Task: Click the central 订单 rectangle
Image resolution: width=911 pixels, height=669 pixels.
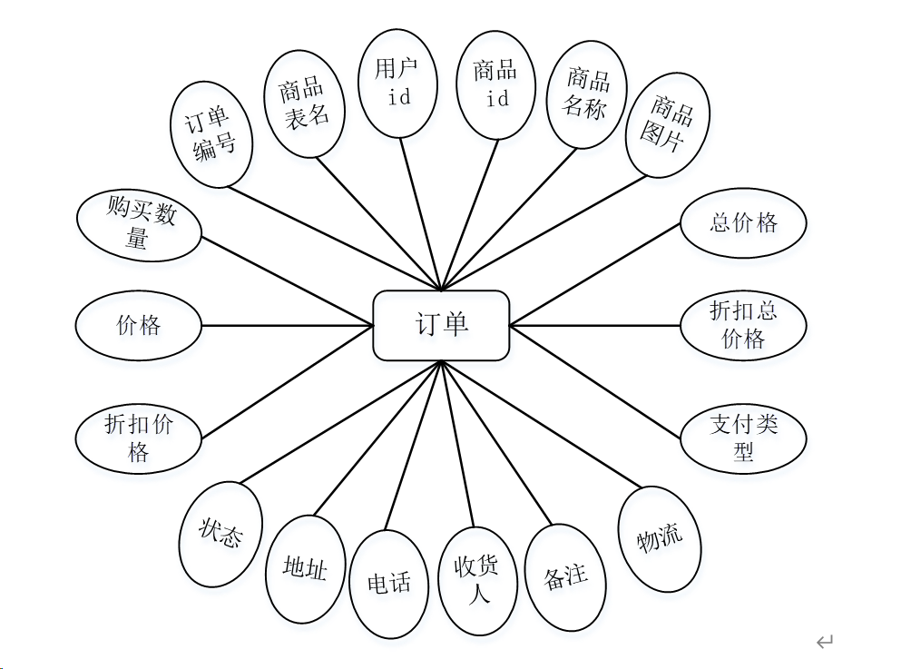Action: point(441,325)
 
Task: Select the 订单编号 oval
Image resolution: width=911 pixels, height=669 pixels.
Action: point(211,134)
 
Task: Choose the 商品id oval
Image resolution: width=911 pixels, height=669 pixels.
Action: point(496,84)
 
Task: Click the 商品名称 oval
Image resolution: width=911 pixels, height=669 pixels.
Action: point(587,93)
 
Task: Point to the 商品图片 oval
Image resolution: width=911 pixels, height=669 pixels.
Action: point(667,124)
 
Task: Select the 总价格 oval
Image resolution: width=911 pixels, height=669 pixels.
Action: point(743,222)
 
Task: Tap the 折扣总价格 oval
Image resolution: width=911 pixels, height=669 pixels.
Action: point(743,325)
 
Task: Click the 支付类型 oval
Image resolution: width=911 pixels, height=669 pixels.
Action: point(743,437)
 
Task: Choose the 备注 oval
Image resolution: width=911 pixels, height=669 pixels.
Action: point(565,576)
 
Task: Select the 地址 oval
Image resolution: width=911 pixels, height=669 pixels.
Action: point(304,568)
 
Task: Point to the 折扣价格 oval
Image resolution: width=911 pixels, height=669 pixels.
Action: point(138,437)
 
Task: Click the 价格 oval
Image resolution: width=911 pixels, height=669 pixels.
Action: point(138,325)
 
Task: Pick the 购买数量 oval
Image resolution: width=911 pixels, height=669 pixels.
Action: point(139,225)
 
